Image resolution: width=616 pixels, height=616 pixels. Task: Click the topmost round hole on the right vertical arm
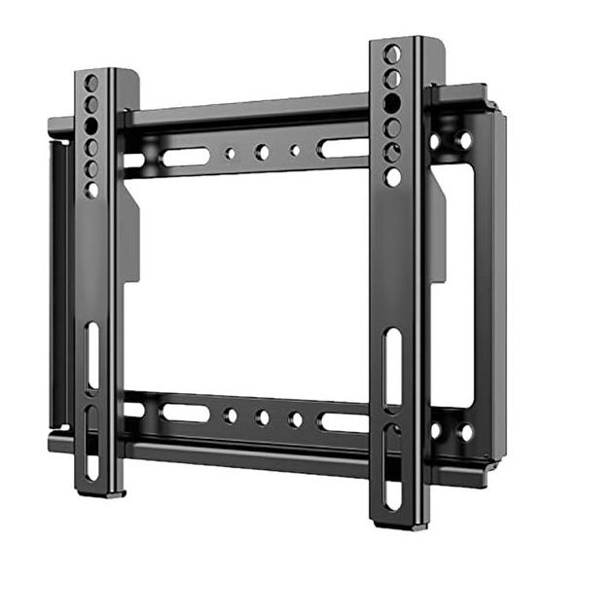[391, 53]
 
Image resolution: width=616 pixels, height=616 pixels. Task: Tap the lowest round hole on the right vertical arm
[392, 177]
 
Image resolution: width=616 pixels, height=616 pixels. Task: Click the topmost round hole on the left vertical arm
[91, 82]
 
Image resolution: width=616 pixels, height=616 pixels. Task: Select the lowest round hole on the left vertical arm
[91, 189]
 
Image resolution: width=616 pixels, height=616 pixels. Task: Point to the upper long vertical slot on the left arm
[91, 354]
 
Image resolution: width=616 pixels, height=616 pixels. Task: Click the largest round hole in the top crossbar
[261, 152]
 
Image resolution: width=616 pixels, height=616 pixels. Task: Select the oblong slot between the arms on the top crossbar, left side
[184, 156]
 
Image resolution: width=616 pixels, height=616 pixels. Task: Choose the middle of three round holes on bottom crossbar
[262, 417]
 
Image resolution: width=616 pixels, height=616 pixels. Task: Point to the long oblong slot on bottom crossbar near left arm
[184, 414]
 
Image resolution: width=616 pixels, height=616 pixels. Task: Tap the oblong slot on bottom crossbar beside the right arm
[344, 422]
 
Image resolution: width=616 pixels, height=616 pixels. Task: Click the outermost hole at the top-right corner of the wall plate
[464, 140]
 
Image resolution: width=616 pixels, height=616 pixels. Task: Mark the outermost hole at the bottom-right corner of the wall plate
[465, 431]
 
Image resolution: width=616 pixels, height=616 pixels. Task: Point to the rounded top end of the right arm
[399, 40]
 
